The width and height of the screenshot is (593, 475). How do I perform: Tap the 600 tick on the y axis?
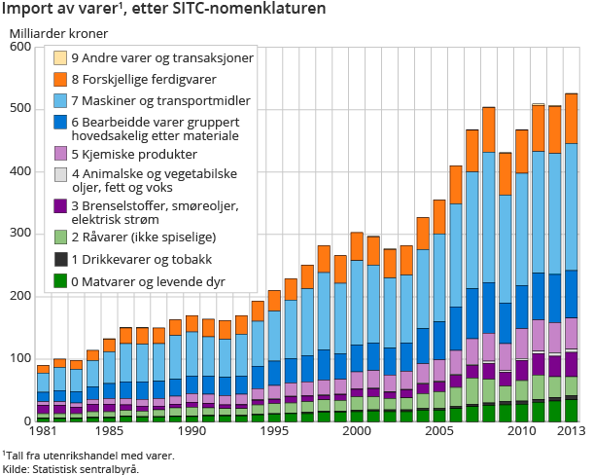pyautogui.click(x=19, y=47)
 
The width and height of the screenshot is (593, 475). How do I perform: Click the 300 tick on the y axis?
pyautogui.click(x=19, y=234)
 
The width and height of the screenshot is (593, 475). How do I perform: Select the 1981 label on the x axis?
pyautogui.click(x=43, y=430)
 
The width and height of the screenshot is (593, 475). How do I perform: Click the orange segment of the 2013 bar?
pyautogui.click(x=572, y=118)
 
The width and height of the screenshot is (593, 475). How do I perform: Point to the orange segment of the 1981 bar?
pyautogui.click(x=43, y=369)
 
